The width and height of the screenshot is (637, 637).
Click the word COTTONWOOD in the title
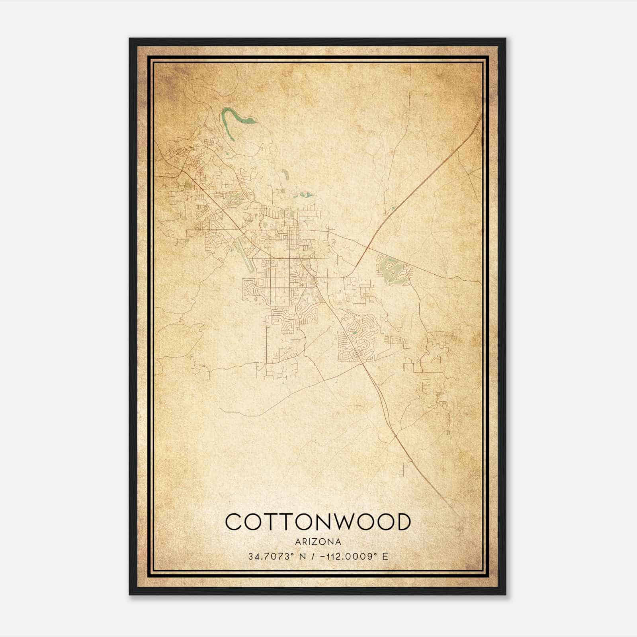[318, 522]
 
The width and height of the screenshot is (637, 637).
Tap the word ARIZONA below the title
[318, 542]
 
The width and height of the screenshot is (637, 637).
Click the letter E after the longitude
[385, 556]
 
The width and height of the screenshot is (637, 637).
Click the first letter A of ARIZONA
[298, 542]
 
